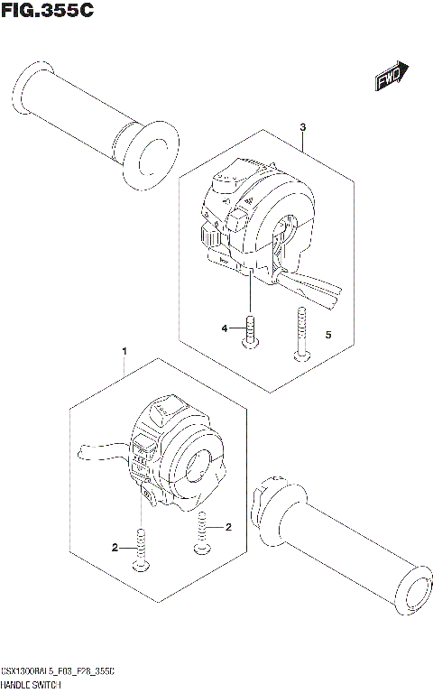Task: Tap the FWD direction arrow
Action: point(392,79)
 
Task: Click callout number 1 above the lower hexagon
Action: point(124,349)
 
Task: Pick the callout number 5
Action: point(328,335)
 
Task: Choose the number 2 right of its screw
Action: point(229,526)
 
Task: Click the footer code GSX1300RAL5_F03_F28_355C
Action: point(58,674)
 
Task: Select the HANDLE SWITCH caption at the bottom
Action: point(35,686)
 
